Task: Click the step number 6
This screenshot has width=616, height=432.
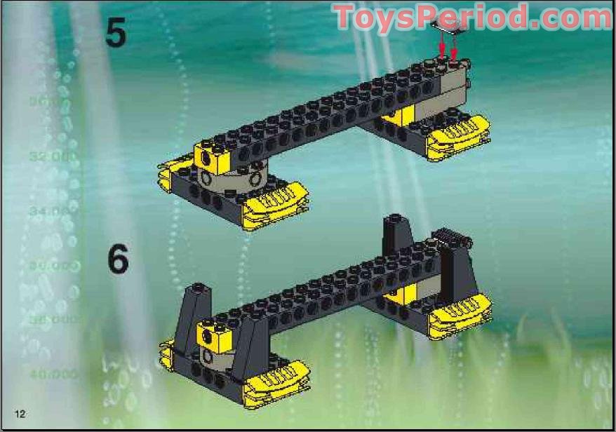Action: click(118, 259)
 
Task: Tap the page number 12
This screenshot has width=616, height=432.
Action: click(19, 413)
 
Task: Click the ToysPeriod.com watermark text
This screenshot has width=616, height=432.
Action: click(471, 17)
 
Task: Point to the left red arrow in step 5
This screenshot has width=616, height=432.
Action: click(442, 46)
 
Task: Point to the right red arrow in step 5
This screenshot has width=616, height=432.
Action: click(454, 49)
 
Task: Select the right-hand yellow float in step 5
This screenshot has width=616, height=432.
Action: click(460, 134)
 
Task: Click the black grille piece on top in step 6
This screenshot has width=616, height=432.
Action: click(449, 236)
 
